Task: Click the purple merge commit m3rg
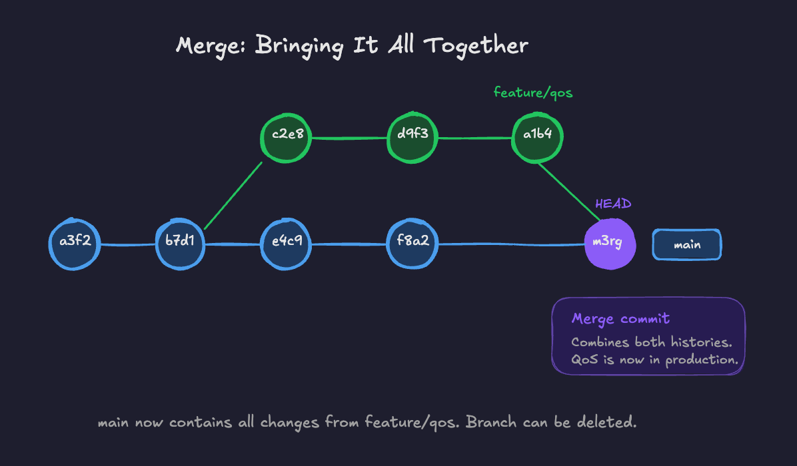607,243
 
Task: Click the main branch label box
686,245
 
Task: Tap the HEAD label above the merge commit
613,204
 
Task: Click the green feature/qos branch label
532,93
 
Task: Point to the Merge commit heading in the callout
620,319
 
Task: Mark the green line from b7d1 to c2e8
234,194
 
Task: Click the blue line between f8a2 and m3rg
510,244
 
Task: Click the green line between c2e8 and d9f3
349,138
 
